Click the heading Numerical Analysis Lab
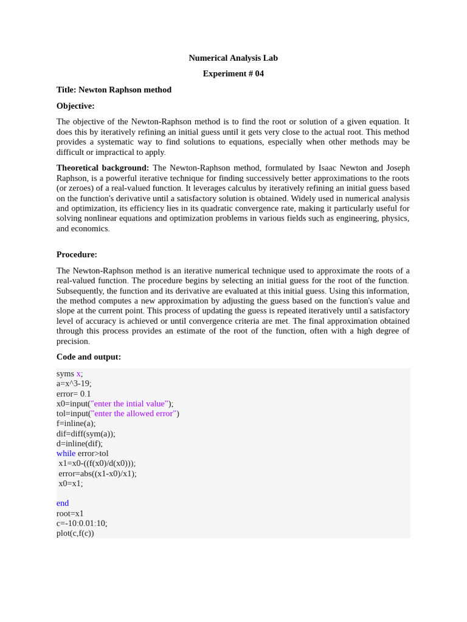[233, 58]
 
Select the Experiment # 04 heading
[233, 73]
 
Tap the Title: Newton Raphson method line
[114, 90]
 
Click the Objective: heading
[75, 106]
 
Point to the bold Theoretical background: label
[103, 168]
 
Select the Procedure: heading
[77, 255]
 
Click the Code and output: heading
[89, 357]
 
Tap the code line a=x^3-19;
[74, 383]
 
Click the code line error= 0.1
[74, 394]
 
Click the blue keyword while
[66, 453]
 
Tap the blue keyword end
[63, 503]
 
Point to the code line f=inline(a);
[76, 423]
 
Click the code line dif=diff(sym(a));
[86, 434]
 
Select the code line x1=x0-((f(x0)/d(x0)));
[97, 463]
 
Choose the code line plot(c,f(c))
[75, 533]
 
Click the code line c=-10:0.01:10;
[81, 523]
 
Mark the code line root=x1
[70, 513]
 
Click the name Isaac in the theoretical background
[329, 168]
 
